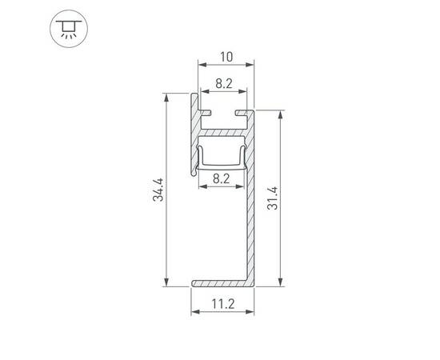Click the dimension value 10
225,57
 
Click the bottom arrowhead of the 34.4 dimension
166,282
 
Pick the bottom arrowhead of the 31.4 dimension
280,282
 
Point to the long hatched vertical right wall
250,208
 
